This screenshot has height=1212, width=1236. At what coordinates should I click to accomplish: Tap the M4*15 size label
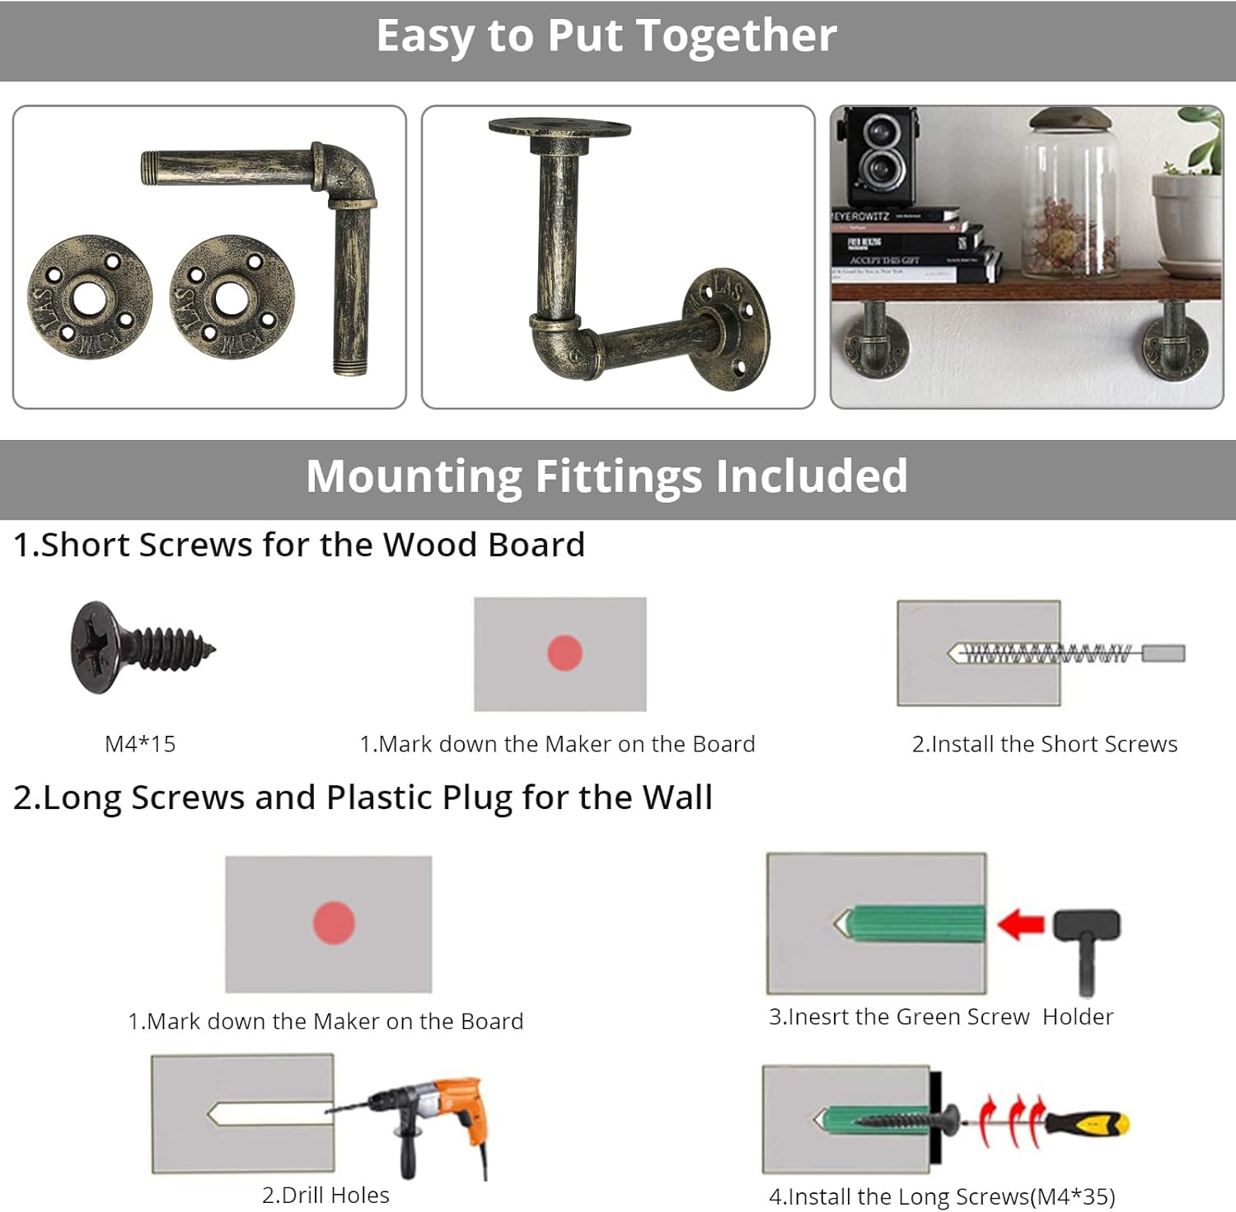(x=140, y=744)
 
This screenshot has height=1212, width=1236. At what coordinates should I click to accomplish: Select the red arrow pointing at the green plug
(x=1020, y=924)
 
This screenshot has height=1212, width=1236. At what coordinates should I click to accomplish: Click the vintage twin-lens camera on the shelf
(x=878, y=157)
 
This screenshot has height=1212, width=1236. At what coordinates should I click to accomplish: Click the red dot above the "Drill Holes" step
(x=334, y=922)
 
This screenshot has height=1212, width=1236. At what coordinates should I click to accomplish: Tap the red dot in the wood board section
(x=564, y=653)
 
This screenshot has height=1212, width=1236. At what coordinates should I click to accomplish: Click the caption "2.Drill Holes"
(x=325, y=1195)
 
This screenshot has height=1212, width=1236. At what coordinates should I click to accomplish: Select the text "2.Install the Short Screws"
(x=1044, y=744)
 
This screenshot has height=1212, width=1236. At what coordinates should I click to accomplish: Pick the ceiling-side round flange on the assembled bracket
(x=559, y=129)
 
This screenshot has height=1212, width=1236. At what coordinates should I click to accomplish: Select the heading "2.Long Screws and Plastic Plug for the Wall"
(x=363, y=798)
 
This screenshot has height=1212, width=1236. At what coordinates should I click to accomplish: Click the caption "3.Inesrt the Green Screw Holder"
(x=940, y=1017)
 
